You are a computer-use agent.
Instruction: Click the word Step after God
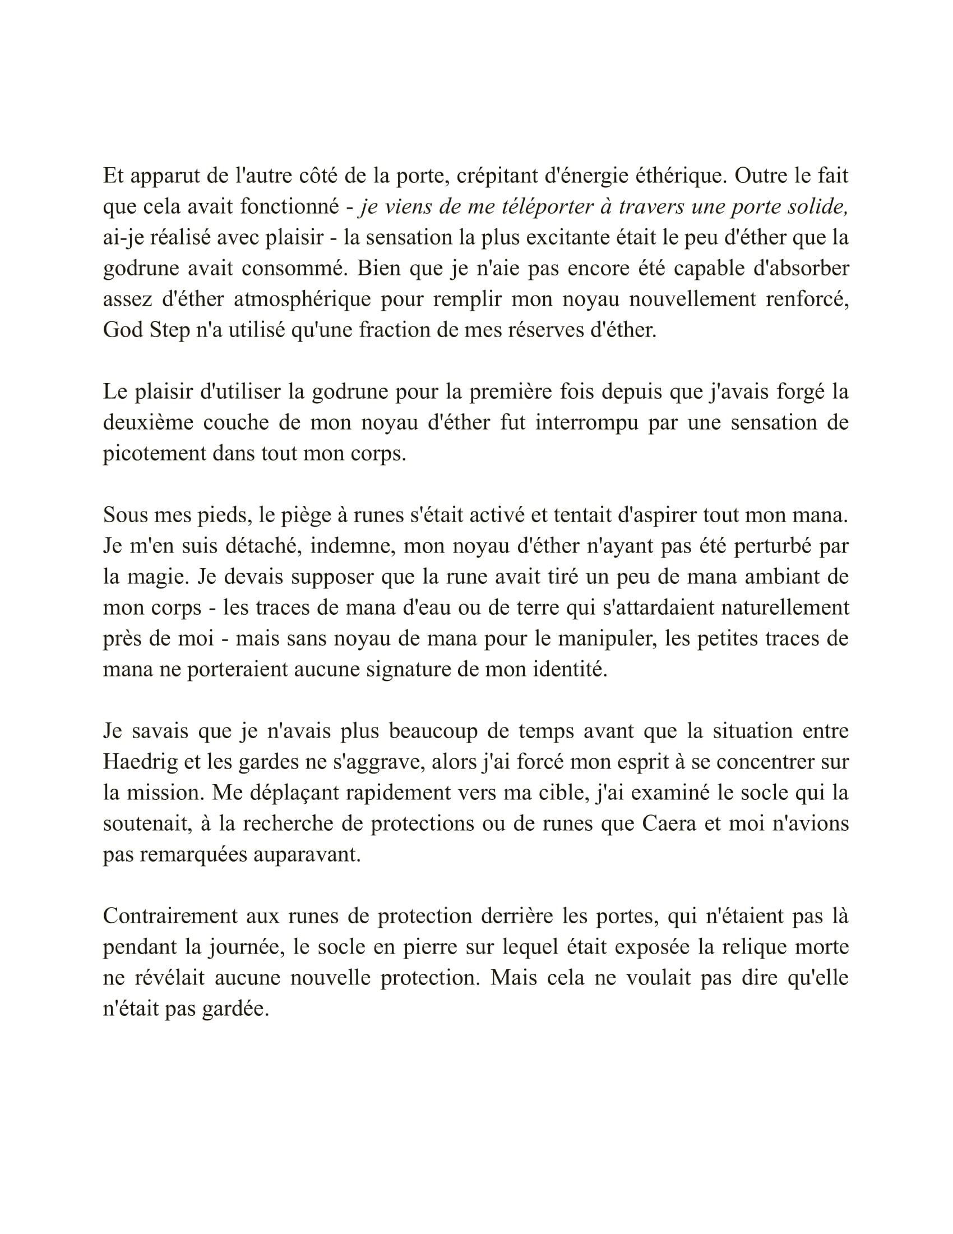click(169, 330)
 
